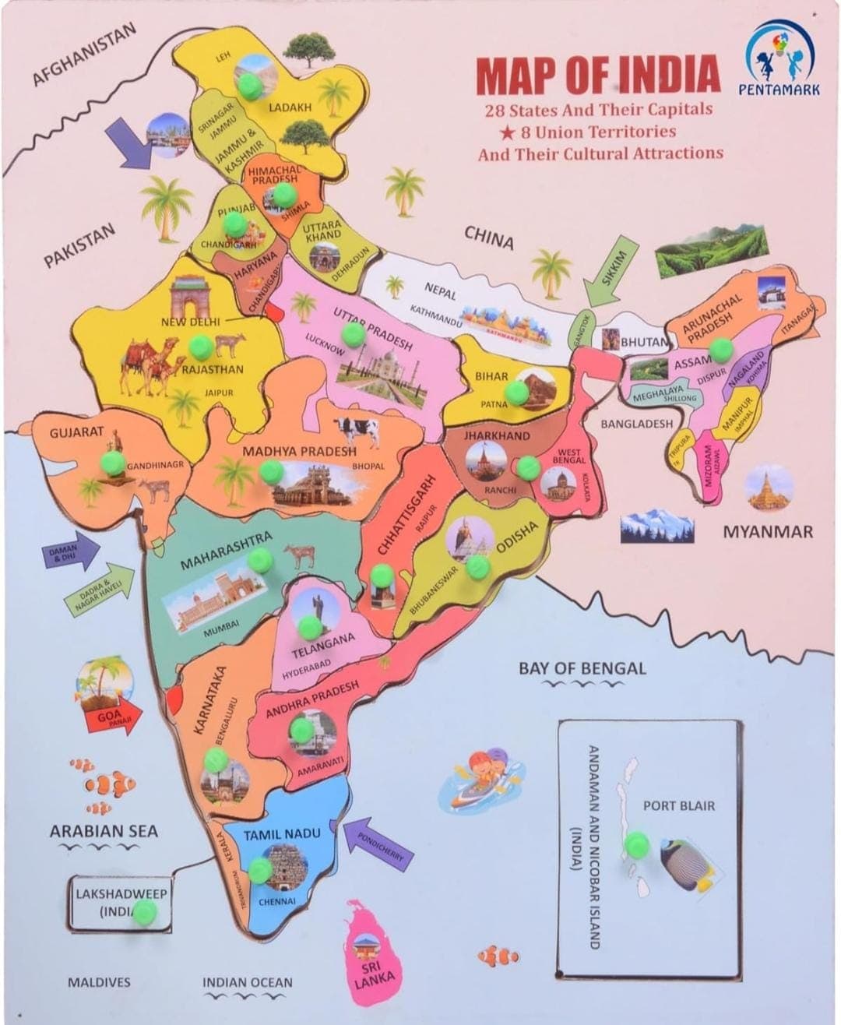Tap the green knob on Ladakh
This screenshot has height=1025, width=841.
tap(250, 86)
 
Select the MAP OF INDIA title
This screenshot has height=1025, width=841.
tap(597, 75)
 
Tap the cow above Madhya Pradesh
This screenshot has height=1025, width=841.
tap(357, 429)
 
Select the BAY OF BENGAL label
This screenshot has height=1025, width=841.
tap(582, 668)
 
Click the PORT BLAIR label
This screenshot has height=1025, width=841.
tap(678, 806)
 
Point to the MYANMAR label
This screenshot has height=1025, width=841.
tap(768, 532)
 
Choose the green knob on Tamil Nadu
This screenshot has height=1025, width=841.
tap(260, 869)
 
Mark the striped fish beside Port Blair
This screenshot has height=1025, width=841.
tap(688, 865)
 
